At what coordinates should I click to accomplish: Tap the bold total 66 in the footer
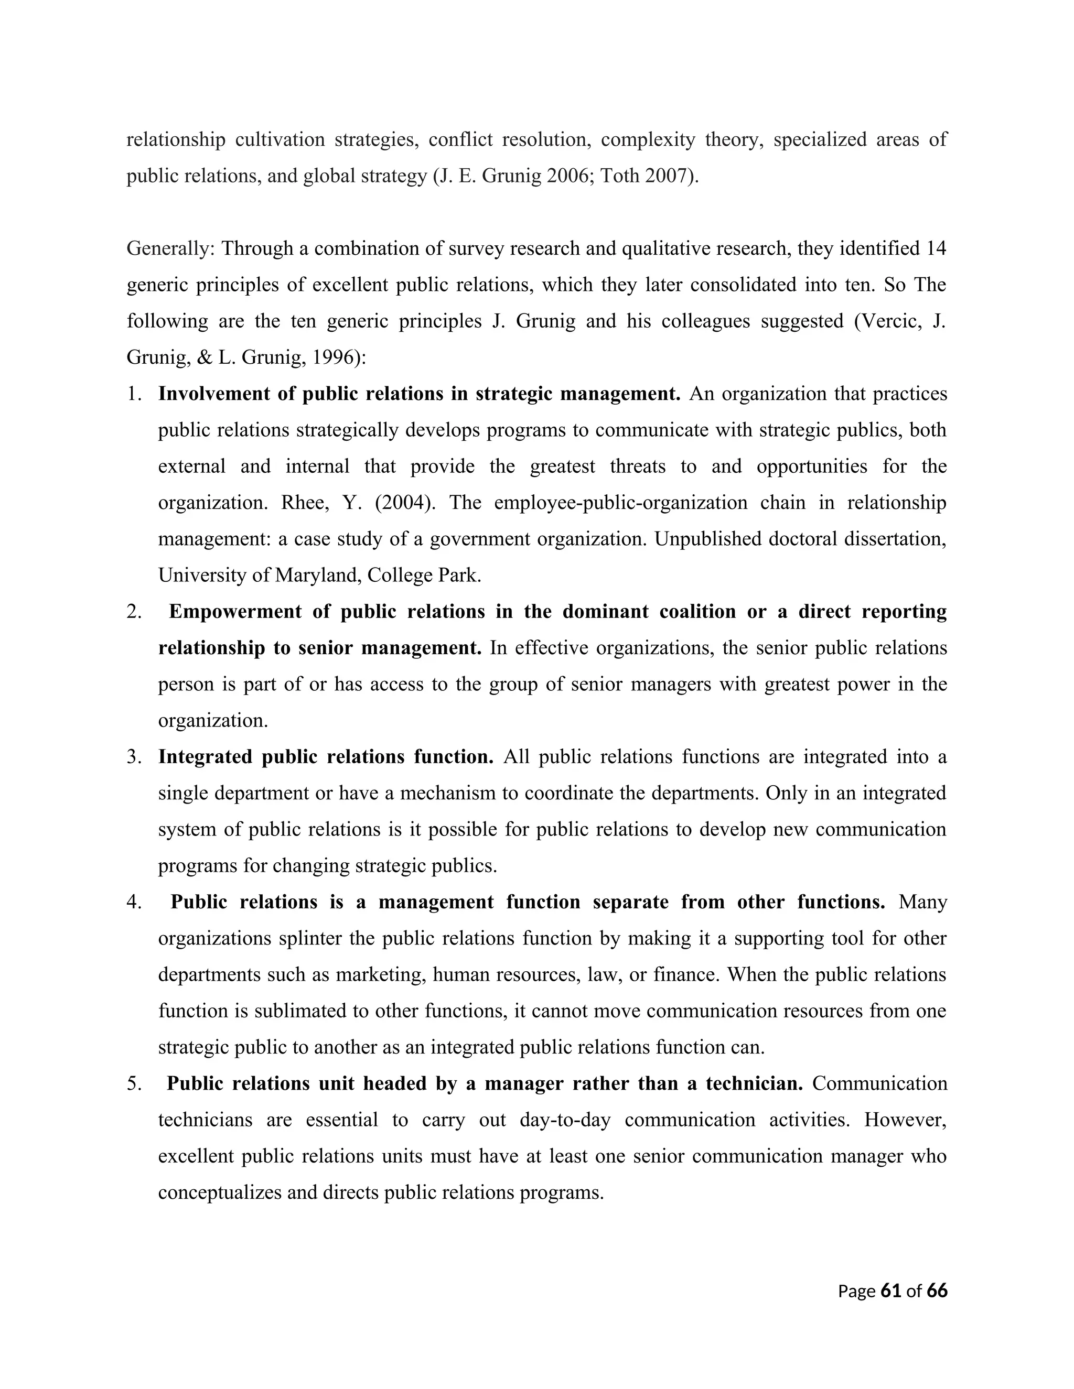(x=937, y=1290)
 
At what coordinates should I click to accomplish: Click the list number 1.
(x=133, y=394)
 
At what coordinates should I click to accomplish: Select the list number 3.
(x=133, y=757)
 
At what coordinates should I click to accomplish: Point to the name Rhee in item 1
(x=302, y=503)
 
